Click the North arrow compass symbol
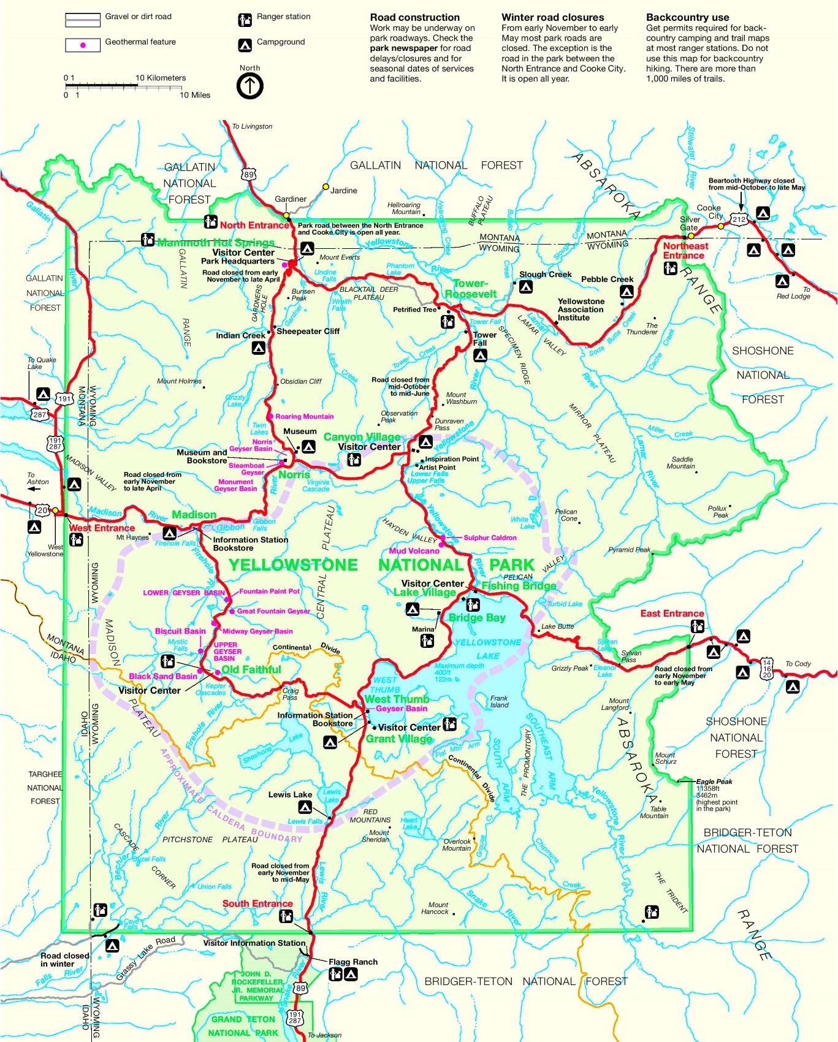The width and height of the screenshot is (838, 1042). [x=249, y=86]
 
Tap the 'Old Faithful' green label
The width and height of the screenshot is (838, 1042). [x=251, y=669]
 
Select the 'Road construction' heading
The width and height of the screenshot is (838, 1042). [x=414, y=17]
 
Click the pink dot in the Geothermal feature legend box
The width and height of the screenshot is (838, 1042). [x=83, y=45]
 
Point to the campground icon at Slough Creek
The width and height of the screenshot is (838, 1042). [x=525, y=286]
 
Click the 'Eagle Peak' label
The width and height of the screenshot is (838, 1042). [x=714, y=781]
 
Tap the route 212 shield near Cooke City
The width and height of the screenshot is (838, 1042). [x=739, y=219]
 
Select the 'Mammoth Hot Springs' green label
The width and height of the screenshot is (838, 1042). [x=216, y=243]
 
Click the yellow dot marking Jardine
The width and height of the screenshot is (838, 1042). [x=326, y=186]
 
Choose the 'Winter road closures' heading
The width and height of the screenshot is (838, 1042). [x=552, y=17]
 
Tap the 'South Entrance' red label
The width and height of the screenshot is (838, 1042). [x=257, y=903]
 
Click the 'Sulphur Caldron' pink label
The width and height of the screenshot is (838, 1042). [x=490, y=538]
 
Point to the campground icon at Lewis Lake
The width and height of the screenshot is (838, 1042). [x=305, y=807]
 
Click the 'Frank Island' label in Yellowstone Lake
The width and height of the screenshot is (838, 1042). [x=499, y=701]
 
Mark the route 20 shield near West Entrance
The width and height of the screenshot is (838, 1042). [x=42, y=510]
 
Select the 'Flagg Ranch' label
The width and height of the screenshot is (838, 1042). [x=353, y=962]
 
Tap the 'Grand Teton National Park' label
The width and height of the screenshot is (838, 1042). [x=244, y=1026]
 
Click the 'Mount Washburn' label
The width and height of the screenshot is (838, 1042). [x=461, y=398]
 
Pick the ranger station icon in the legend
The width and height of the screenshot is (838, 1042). [x=245, y=20]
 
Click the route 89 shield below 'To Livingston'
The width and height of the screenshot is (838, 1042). [x=248, y=175]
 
